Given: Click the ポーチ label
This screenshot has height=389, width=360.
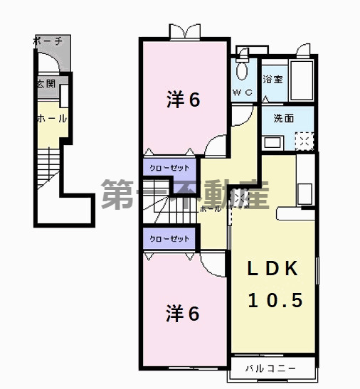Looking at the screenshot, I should click(x=48, y=41).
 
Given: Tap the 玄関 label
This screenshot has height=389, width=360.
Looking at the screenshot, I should click(x=47, y=84).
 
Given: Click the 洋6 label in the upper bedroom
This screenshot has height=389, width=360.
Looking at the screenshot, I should click(x=183, y=100).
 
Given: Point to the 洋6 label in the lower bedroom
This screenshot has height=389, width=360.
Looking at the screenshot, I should click(x=183, y=312).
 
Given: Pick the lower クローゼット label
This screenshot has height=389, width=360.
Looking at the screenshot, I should click(x=169, y=239).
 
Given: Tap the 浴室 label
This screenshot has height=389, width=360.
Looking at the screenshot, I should click(x=272, y=79).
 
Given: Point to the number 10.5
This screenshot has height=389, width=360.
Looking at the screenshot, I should click(x=275, y=300).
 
